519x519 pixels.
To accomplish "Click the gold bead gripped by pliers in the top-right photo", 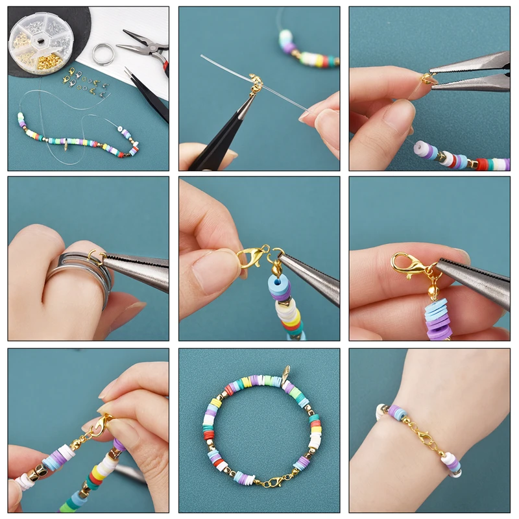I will pos(428,79).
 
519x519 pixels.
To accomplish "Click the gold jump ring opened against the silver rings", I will pos(97,257).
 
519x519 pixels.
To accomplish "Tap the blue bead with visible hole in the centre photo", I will pos(279,286).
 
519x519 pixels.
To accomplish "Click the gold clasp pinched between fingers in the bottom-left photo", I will pos(99,426).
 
